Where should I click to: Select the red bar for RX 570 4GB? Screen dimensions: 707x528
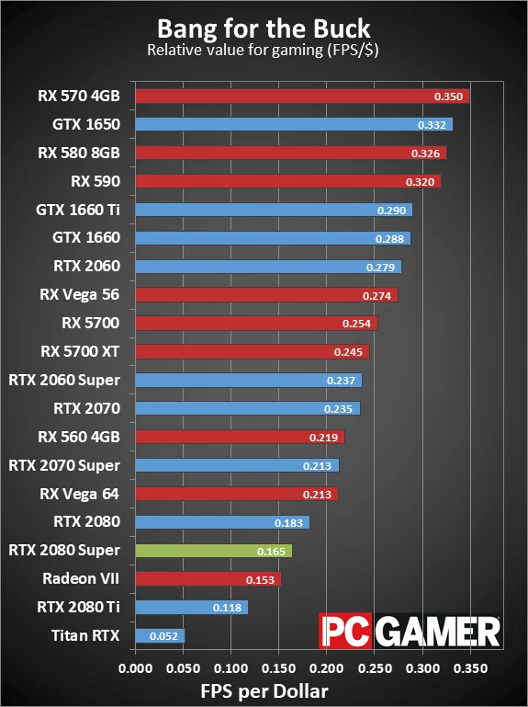(x=302, y=96)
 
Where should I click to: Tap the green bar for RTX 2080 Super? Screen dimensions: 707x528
(x=213, y=551)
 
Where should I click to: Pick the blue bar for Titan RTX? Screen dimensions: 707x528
(x=160, y=635)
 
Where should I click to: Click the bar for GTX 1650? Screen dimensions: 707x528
(x=294, y=124)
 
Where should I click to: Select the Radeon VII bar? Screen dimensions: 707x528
(x=208, y=579)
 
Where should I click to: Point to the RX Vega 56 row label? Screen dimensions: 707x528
(x=80, y=295)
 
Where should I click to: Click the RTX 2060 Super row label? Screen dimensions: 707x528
(x=64, y=380)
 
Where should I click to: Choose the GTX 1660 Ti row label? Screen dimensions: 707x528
(x=78, y=210)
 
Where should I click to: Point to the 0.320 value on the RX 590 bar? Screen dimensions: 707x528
(x=419, y=182)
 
